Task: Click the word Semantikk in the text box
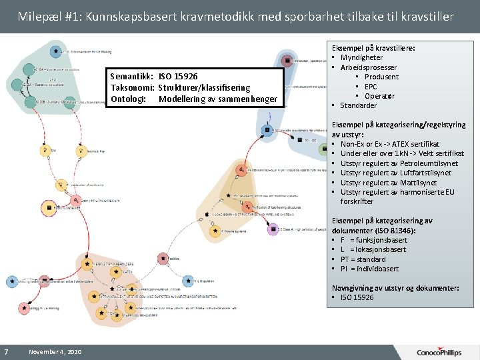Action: tap(133, 77)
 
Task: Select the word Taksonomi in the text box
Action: tap(133, 88)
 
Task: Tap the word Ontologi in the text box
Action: tap(127, 99)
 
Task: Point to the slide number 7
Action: tap(6, 351)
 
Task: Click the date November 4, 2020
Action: tap(55, 351)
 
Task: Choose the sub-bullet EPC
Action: tap(371, 87)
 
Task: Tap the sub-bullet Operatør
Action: tap(379, 96)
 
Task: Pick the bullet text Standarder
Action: tap(359, 105)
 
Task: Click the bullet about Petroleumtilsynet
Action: tap(399, 163)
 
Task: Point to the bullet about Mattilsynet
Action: tap(389, 182)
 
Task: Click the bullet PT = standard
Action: tap(363, 259)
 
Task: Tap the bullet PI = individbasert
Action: tap(369, 269)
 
